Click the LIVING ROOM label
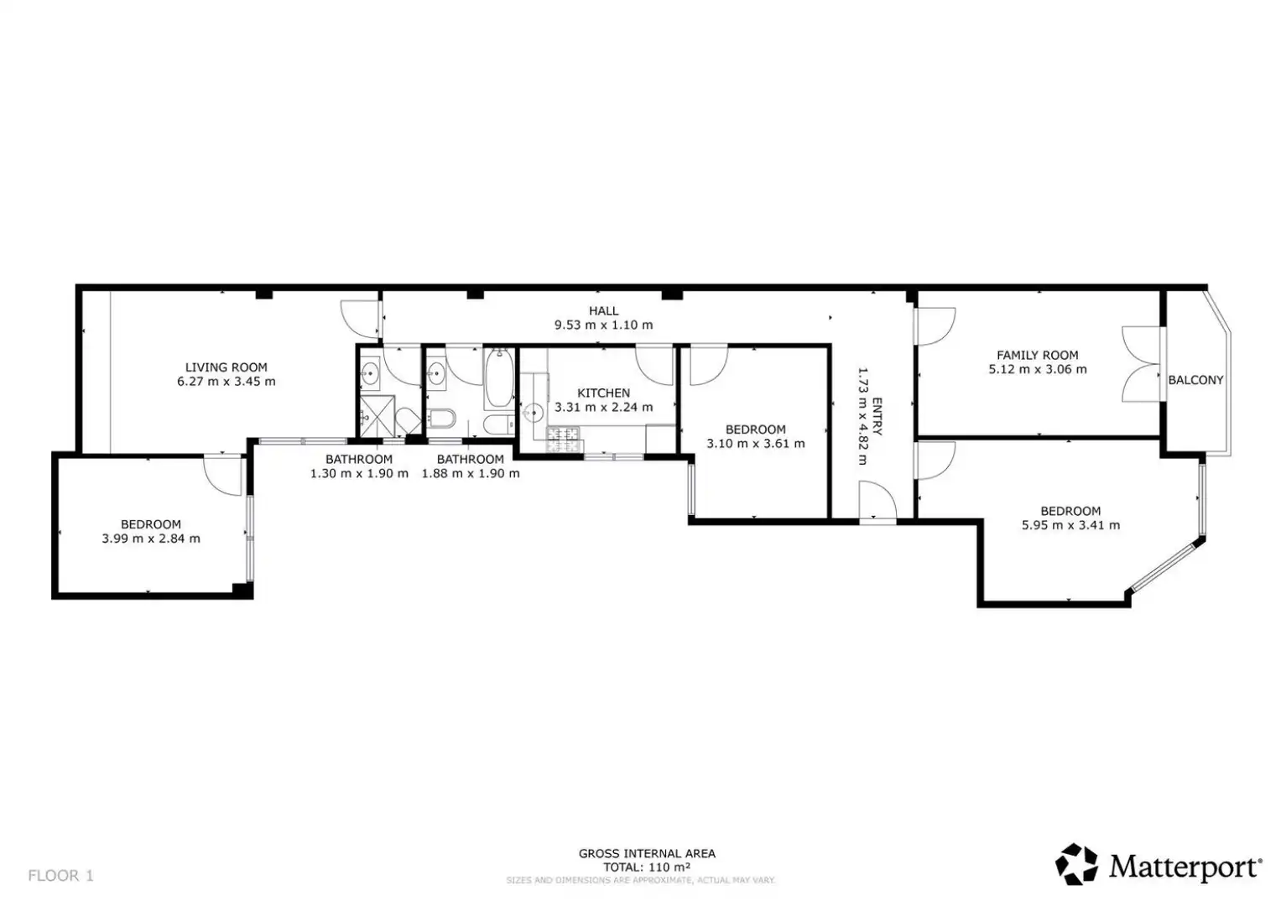click(226, 367)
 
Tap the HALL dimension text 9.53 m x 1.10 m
click(603, 325)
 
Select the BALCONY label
click(1195, 380)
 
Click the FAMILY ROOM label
click(1038, 355)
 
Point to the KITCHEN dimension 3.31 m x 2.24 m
click(603, 407)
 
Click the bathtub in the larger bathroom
click(499, 378)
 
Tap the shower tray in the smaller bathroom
click(377, 416)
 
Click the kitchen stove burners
click(564, 440)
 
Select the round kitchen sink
click(533, 412)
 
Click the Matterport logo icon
click(1076, 864)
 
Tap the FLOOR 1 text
click(60, 876)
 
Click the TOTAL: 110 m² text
click(647, 867)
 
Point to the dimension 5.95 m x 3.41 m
click(1070, 525)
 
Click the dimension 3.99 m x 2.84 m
click(151, 539)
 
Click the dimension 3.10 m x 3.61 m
click(756, 443)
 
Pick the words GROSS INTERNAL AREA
click(647, 853)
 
